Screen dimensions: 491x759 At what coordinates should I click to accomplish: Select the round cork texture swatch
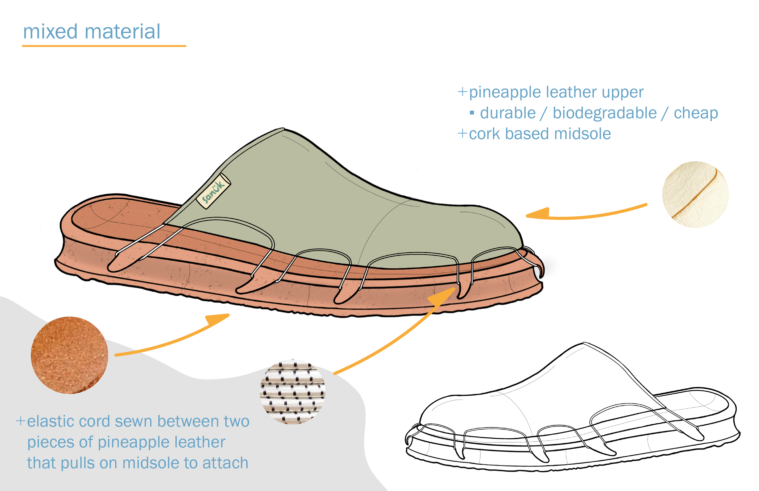pyautogui.click(x=70, y=355)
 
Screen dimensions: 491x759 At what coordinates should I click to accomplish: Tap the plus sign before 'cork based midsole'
pyautogui.click(x=462, y=133)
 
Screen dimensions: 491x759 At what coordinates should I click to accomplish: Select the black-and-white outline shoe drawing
pyautogui.click(x=571, y=415)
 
